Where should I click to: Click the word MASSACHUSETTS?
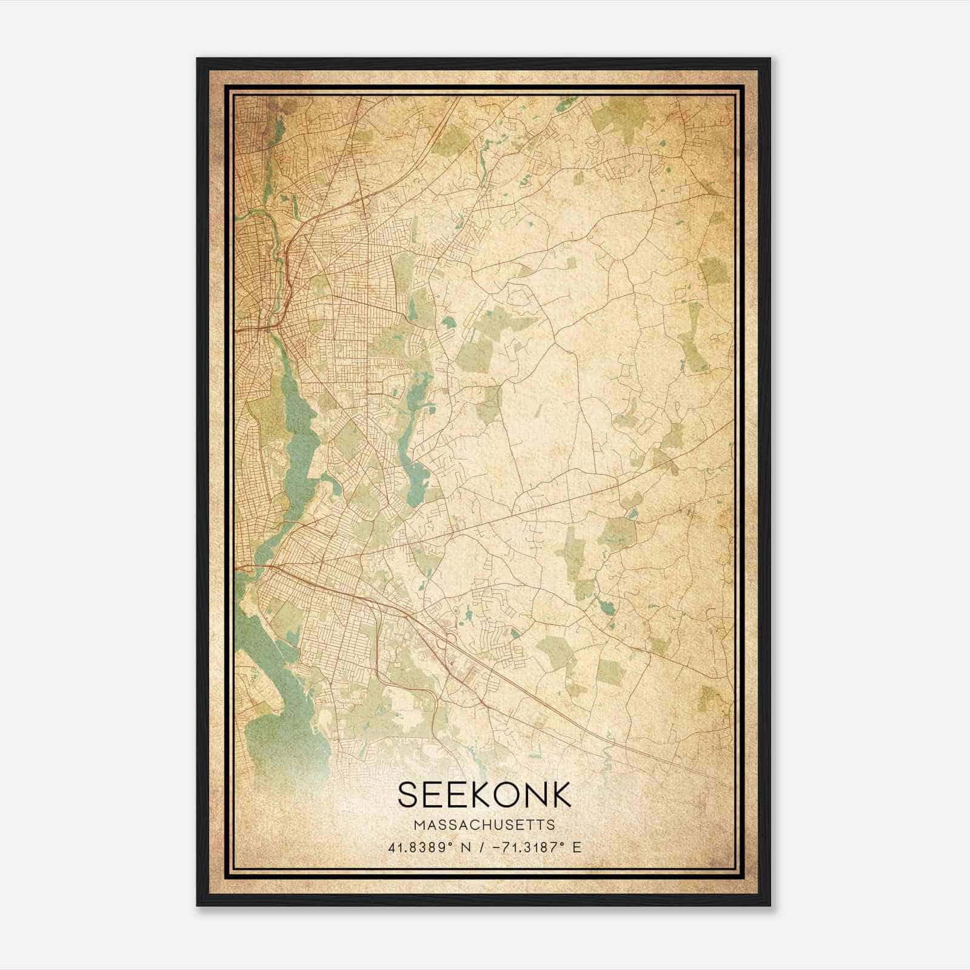pyautogui.click(x=484, y=824)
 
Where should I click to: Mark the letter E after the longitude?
pyautogui.click(x=577, y=847)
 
